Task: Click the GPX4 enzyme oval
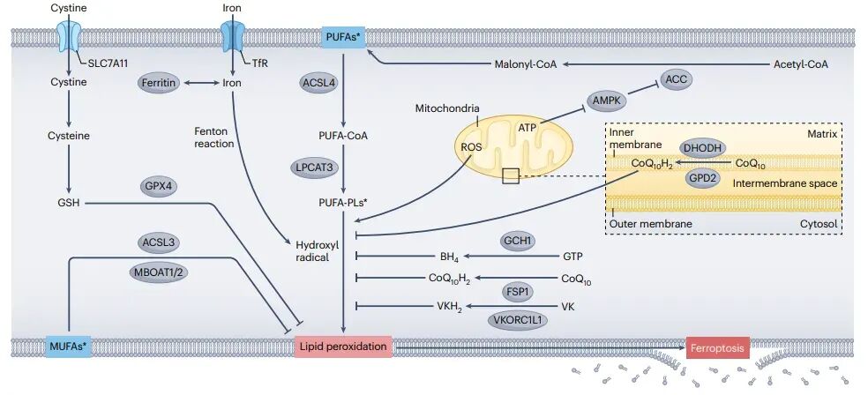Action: click(x=162, y=187)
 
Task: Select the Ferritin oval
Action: click(x=160, y=83)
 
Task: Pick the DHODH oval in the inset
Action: click(x=702, y=146)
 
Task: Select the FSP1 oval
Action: click(x=519, y=291)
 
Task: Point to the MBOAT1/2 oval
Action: click(x=161, y=272)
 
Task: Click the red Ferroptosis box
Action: click(x=717, y=347)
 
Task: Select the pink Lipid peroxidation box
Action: click(x=343, y=347)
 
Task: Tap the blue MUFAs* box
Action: click(x=68, y=347)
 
